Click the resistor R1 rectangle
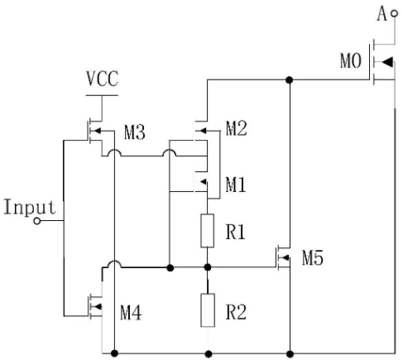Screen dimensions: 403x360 (207, 231)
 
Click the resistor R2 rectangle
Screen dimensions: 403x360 (208, 310)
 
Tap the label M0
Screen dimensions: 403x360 (351, 60)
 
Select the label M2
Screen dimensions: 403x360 (236, 128)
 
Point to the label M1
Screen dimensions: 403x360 (236, 185)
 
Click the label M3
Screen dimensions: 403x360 (135, 132)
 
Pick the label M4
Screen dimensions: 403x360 (131, 313)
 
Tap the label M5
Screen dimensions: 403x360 (313, 258)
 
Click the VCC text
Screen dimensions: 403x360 (103, 79)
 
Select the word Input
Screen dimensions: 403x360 (30, 207)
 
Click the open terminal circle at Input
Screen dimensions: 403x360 (37, 221)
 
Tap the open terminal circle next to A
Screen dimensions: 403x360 (395, 13)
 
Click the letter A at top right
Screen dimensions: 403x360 (381, 14)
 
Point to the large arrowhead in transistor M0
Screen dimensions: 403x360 (387, 62)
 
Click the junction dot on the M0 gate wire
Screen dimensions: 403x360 (289, 80)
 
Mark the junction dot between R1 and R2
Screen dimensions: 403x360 (208, 267)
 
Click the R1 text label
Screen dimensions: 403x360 (235, 232)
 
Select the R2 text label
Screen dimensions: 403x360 (236, 312)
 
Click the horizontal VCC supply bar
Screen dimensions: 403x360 (102, 95)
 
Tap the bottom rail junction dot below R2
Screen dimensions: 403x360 (209, 353)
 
